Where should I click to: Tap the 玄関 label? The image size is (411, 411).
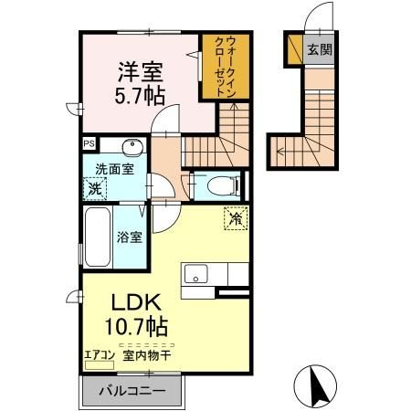click(319, 49)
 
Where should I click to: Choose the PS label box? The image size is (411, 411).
click(89, 143)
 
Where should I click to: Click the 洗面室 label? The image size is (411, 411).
click(114, 168)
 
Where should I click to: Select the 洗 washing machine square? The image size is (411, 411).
click(94, 189)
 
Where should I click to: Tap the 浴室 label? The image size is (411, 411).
click(129, 237)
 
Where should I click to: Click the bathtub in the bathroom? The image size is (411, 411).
click(97, 239)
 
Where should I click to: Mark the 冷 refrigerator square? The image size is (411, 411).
click(235, 218)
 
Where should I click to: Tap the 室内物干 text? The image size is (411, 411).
click(142, 353)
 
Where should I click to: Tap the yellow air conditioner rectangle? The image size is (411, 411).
click(96, 364)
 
